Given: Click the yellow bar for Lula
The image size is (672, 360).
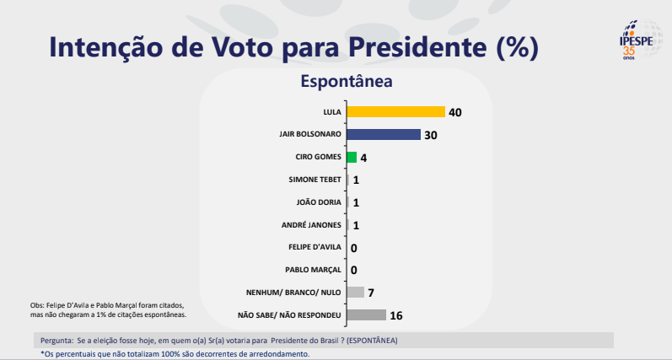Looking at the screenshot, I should click(x=395, y=111).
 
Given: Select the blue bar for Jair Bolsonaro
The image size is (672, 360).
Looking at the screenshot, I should click(x=383, y=134).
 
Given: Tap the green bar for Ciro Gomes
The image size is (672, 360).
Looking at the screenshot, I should click(x=352, y=157).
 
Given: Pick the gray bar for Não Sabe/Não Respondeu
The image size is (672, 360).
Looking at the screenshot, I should click(x=366, y=315).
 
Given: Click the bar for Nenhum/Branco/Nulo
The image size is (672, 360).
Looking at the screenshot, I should click(x=355, y=293).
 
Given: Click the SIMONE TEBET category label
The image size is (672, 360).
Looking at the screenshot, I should click(x=314, y=180).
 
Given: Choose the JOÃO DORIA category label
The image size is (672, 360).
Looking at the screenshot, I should click(x=320, y=202).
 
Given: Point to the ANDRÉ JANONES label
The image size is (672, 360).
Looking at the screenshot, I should click(x=312, y=225).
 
